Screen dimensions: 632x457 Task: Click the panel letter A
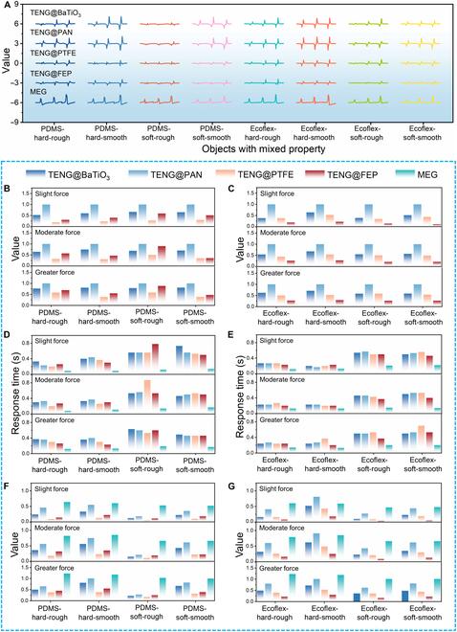(x=8, y=6)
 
